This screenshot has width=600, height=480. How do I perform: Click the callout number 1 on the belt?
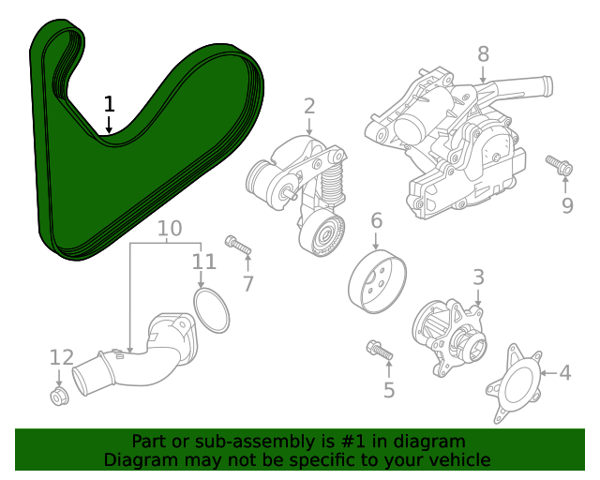[109, 103]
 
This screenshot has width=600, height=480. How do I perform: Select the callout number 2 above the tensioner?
[309, 106]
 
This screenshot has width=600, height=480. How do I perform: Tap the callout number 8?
[483, 53]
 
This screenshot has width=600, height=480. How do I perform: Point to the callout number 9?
[567, 204]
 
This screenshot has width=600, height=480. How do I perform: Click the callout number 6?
[376, 221]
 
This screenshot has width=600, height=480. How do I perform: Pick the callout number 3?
[478, 277]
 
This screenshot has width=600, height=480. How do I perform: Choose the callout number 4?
[564, 373]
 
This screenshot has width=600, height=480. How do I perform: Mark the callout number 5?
[388, 389]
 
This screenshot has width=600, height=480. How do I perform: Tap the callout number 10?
[169, 228]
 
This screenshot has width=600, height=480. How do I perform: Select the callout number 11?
[203, 262]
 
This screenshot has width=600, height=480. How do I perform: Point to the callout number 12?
[61, 356]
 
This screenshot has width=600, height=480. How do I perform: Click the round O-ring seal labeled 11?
[212, 309]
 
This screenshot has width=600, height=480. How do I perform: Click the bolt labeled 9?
[560, 166]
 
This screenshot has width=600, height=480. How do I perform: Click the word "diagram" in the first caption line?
[430, 442]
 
